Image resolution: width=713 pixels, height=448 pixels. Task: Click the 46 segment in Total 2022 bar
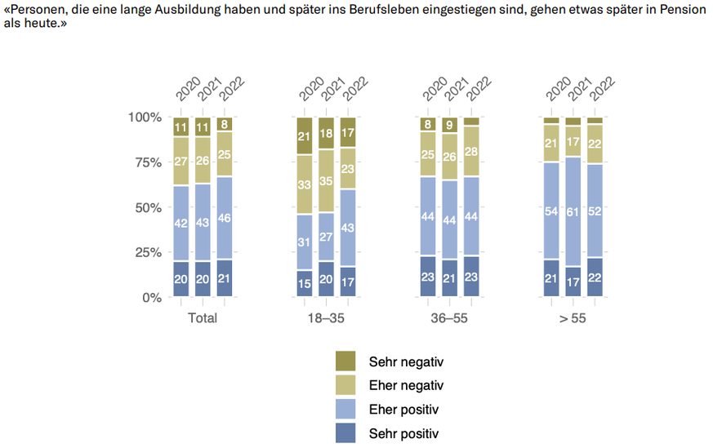225,219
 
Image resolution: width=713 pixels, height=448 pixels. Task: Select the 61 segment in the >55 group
573,211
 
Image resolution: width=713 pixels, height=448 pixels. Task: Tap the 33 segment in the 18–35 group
305,185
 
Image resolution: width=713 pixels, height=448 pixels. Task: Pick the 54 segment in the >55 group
552,211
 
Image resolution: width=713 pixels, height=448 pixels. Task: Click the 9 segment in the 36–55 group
448,125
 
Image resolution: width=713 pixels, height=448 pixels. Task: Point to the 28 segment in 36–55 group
470,151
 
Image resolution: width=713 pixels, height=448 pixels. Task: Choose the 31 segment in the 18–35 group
305,242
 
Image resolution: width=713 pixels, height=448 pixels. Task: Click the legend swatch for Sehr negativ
346,361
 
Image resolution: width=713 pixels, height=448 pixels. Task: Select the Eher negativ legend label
406,384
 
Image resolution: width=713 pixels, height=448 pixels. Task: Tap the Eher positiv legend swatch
346,408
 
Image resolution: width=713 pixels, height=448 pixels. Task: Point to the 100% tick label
144,118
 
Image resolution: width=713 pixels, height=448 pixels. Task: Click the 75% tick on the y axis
147,162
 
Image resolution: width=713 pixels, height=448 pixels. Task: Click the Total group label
203,318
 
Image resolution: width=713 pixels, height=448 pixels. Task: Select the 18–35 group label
326,318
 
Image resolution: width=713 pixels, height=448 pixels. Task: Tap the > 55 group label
573,318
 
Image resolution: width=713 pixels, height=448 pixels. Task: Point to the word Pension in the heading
683,11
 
